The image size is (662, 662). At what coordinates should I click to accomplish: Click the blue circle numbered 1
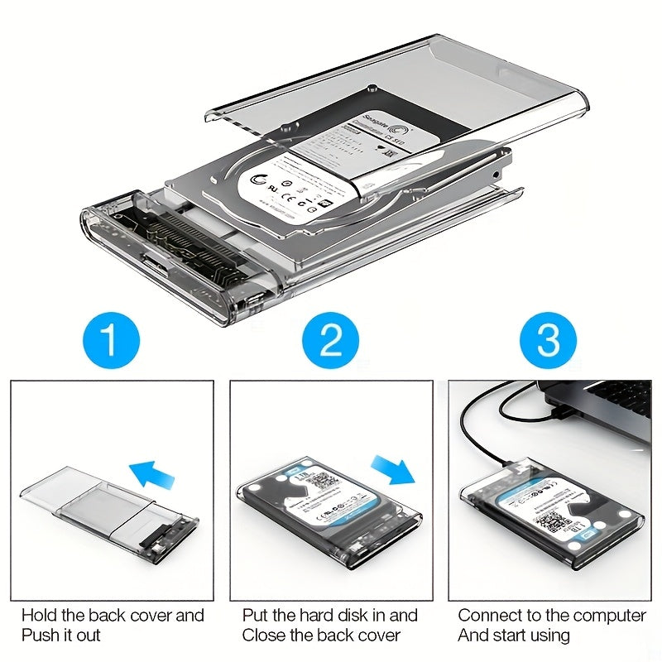click(111, 340)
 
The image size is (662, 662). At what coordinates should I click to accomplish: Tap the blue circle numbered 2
click(331, 340)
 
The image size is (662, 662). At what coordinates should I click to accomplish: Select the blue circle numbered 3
click(549, 340)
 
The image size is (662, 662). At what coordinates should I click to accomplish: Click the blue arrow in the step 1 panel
click(153, 474)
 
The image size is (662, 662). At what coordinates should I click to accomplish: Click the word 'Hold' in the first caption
click(39, 616)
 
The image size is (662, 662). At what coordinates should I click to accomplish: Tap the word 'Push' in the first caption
click(40, 636)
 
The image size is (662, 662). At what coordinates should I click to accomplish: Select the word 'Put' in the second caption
click(255, 616)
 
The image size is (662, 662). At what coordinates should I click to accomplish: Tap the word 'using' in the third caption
click(549, 636)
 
